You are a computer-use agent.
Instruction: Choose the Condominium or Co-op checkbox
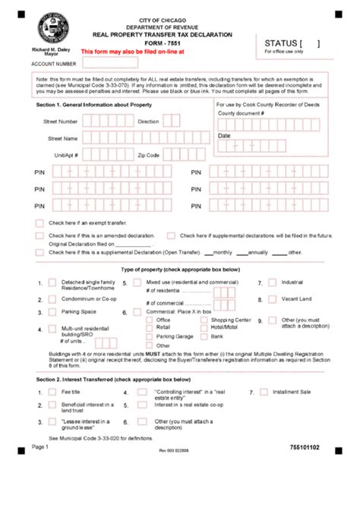52,299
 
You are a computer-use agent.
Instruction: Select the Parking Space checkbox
52,312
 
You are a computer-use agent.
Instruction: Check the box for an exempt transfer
39,223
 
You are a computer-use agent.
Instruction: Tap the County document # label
241,112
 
